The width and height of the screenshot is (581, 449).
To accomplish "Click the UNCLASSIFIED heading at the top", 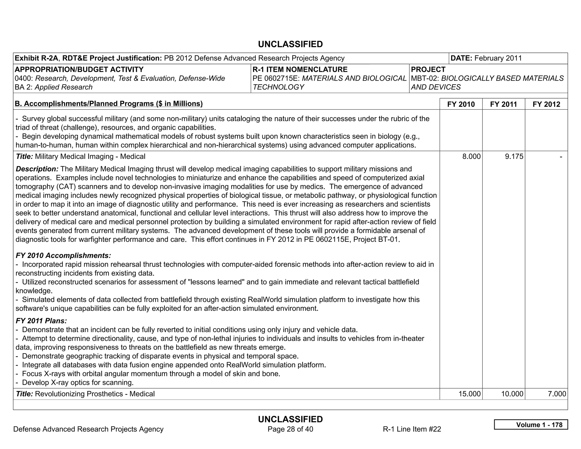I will [290, 44].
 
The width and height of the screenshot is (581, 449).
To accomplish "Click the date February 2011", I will [498, 58].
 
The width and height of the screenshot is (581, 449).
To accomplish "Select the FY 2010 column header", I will [461, 104].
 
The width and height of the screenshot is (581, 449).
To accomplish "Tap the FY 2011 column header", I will [504, 104].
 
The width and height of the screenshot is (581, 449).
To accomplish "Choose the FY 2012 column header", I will [546, 104].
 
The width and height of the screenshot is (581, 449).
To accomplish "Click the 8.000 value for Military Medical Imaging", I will [471, 156].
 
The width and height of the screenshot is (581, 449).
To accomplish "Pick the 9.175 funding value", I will [514, 156].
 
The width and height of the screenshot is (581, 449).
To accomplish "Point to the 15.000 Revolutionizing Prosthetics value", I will [470, 394].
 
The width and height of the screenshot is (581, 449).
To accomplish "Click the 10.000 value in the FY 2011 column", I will [512, 394].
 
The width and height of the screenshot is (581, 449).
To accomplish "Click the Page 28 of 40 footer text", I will [290, 429].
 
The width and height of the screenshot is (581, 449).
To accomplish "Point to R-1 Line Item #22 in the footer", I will [412, 429].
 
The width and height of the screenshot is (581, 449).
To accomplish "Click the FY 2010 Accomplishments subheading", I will [63, 255].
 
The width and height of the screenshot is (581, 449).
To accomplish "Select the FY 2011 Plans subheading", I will [41, 321].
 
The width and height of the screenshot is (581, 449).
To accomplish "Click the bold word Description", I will [37, 169].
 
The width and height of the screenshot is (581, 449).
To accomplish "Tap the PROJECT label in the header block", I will [428, 70].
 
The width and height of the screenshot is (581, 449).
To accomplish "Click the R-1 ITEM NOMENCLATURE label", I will [300, 70].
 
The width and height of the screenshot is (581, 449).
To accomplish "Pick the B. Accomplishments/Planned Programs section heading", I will [109, 104].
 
